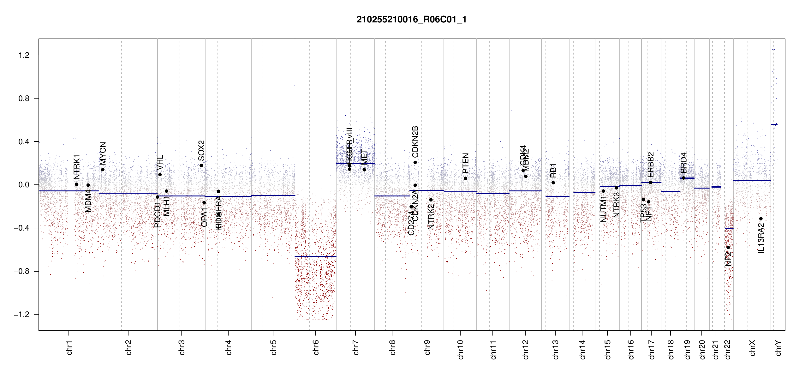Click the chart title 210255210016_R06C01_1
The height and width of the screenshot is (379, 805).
[411, 20]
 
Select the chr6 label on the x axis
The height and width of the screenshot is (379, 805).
[316, 347]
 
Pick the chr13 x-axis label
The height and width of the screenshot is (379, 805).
[556, 349]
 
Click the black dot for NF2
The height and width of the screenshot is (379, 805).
[728, 247]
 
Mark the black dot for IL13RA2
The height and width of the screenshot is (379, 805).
[761, 219]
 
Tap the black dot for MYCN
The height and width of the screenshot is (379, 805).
[103, 170]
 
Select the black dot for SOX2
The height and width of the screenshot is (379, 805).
[201, 165]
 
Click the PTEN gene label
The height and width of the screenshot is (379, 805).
[465, 163]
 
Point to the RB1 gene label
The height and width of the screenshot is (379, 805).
[553, 171]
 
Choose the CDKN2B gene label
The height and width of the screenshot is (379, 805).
[415, 142]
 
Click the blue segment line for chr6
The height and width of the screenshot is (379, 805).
[315, 256]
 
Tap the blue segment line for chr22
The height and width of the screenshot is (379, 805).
[729, 229]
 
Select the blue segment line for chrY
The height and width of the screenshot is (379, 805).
[774, 124]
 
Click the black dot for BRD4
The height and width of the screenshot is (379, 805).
[684, 178]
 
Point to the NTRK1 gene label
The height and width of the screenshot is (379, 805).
[77, 167]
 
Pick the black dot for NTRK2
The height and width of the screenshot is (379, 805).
[431, 200]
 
